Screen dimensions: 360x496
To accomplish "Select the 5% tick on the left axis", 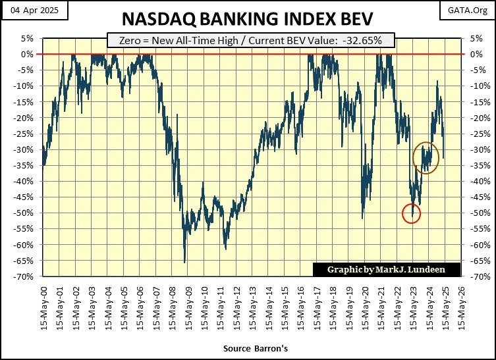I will [28, 38].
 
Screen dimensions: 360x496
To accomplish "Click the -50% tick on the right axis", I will [472, 213].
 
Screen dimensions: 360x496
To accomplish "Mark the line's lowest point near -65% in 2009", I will [184, 262].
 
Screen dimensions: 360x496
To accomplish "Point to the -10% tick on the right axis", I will [472, 86].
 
